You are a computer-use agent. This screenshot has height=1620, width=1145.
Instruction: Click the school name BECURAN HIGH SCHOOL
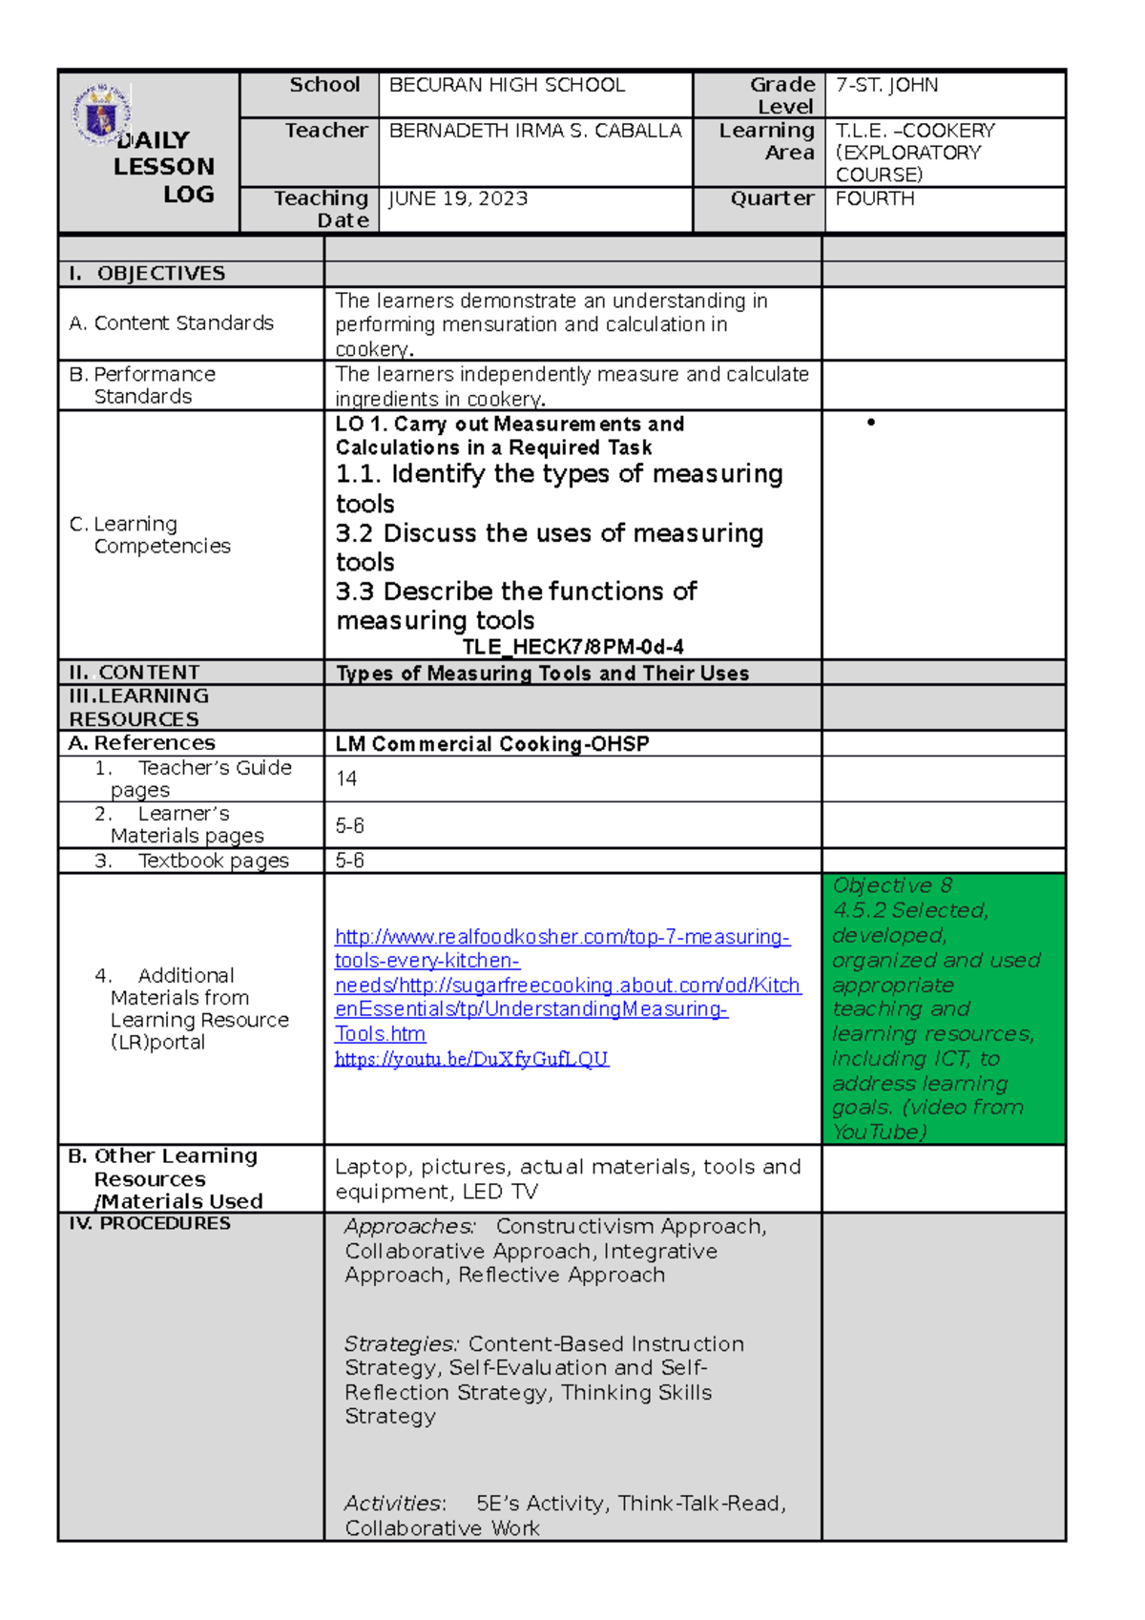(x=507, y=85)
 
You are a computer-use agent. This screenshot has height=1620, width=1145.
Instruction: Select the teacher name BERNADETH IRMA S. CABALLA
(x=535, y=131)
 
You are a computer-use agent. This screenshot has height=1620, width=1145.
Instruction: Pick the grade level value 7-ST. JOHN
(x=886, y=85)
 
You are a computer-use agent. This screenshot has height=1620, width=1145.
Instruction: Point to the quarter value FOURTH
(x=875, y=198)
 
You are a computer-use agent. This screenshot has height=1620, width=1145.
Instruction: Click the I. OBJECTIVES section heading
(x=148, y=274)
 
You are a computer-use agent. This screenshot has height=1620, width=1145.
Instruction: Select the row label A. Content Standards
(x=172, y=323)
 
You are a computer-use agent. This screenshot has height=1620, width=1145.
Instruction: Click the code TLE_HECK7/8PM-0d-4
(x=572, y=647)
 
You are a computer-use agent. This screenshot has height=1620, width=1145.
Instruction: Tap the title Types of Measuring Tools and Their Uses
(x=542, y=674)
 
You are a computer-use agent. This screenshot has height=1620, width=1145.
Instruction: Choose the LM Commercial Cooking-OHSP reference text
(x=492, y=744)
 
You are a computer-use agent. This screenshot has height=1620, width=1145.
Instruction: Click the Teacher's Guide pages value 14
(x=346, y=779)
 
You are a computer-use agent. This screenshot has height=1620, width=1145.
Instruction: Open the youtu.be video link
(x=471, y=1059)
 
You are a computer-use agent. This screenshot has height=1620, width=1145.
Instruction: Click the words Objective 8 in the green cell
(x=892, y=885)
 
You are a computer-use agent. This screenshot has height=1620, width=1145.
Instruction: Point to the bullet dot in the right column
(x=870, y=422)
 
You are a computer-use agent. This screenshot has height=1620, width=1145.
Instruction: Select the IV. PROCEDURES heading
(x=150, y=1223)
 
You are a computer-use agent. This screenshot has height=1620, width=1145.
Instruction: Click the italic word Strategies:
(x=402, y=1344)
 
